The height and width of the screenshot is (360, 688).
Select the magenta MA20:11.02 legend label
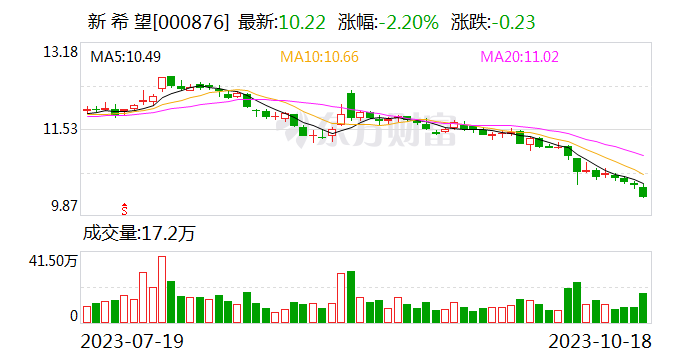[x=528, y=57]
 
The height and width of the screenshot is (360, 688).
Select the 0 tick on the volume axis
[x=73, y=316]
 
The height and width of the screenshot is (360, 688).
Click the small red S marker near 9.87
[x=125, y=209]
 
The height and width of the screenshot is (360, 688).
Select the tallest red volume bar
[x=162, y=289]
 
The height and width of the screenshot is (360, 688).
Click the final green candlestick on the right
[x=644, y=191]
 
